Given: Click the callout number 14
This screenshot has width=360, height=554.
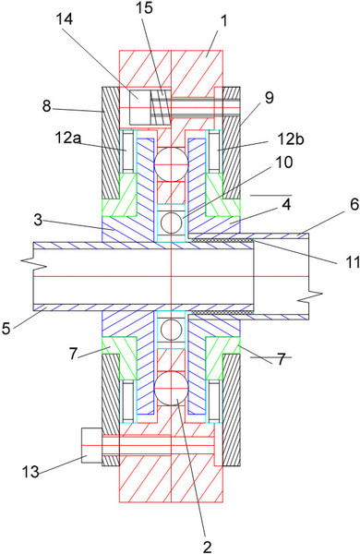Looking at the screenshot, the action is click(65, 18).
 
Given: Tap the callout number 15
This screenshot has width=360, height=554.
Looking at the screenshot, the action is click(144, 7).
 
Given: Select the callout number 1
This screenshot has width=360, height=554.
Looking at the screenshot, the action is click(223, 21).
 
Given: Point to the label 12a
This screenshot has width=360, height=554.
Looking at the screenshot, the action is click(67, 138).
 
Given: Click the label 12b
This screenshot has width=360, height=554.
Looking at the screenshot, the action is click(291, 139).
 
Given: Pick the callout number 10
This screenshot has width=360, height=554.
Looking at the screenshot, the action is click(284, 163).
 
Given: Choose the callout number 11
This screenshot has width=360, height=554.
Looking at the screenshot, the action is click(353, 262).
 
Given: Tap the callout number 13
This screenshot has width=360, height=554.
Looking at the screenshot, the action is click(30, 471).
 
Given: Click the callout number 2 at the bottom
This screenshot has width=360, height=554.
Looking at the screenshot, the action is click(208, 547).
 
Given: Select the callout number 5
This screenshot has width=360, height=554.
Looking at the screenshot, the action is click(6, 328).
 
